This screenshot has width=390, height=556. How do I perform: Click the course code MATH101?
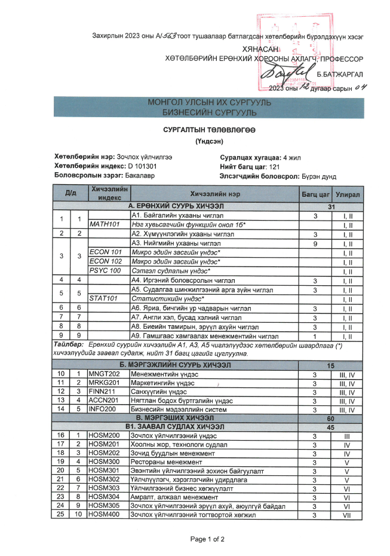click(105, 225)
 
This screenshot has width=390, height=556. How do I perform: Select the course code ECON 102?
click(105, 261)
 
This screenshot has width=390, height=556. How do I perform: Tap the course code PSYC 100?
click(105, 271)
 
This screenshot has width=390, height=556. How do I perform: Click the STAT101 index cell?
click(105, 298)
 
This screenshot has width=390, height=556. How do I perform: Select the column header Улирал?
click(347, 194)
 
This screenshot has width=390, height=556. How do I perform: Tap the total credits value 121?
click(274, 167)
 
